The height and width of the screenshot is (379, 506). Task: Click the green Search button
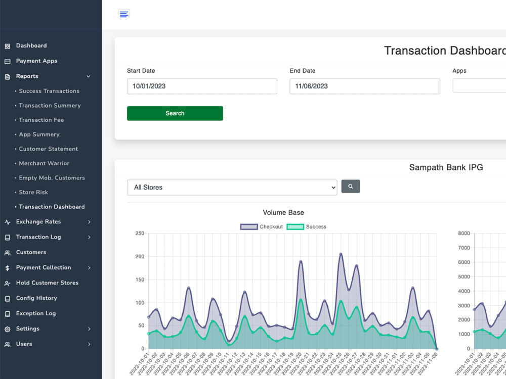pyautogui.click(x=175, y=113)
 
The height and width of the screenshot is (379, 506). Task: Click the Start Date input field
pyautogui.click(x=202, y=86)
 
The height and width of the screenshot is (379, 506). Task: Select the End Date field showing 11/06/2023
pyautogui.click(x=364, y=86)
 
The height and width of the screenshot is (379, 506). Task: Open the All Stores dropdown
pyautogui.click(x=232, y=187)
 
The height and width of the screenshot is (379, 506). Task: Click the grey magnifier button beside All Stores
pyautogui.click(x=350, y=186)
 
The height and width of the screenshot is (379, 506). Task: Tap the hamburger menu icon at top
pyautogui.click(x=124, y=14)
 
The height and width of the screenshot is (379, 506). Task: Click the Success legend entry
pyautogui.click(x=308, y=227)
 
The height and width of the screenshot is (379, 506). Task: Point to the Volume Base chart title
pyautogui.click(x=283, y=213)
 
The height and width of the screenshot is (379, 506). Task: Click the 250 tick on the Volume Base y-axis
pyautogui.click(x=139, y=233)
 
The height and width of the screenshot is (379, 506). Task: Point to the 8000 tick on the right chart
pyautogui.click(x=463, y=233)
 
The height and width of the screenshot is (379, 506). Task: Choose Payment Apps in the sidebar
pyautogui.click(x=36, y=61)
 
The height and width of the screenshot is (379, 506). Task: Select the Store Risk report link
pyautogui.click(x=33, y=193)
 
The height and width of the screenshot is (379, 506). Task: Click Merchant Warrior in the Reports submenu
pyautogui.click(x=44, y=164)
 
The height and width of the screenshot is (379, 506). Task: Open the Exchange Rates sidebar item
pyautogui.click(x=38, y=222)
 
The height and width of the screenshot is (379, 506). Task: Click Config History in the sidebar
pyautogui.click(x=36, y=298)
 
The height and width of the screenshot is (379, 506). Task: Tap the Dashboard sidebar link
pyautogui.click(x=31, y=46)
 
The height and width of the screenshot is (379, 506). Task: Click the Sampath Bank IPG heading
pyautogui.click(x=446, y=167)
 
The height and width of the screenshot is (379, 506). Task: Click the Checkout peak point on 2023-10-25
pyautogui.click(x=341, y=254)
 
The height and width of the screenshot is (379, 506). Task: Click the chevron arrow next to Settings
pyautogui.click(x=89, y=329)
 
